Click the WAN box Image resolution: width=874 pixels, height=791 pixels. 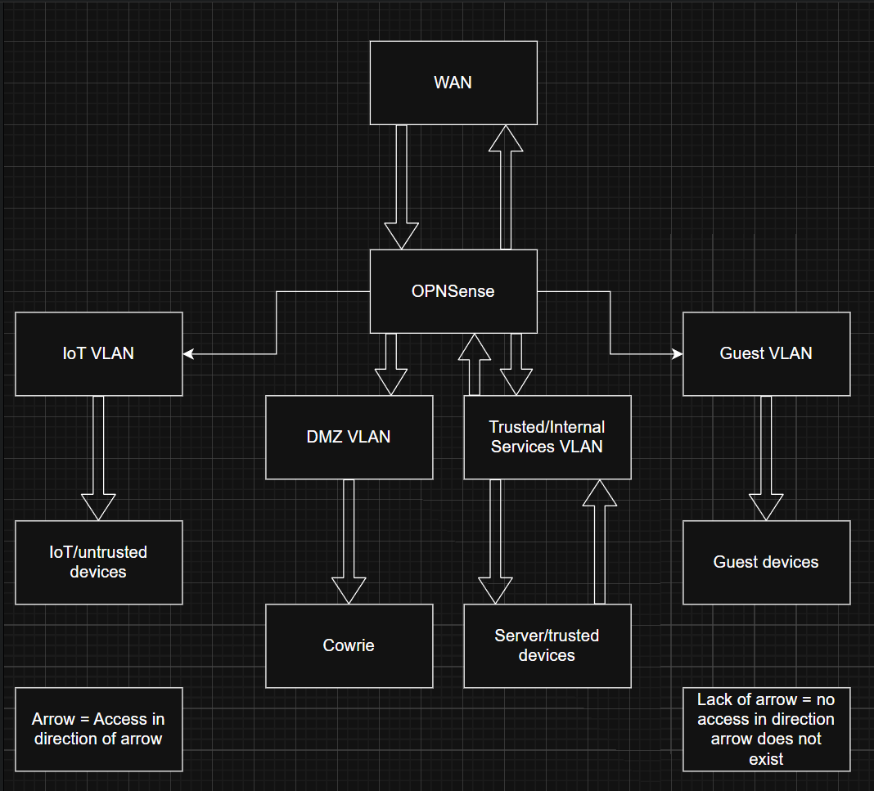pyautogui.click(x=453, y=83)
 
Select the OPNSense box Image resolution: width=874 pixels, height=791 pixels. pyautogui.click(x=453, y=291)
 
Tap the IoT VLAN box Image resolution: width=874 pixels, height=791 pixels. pyautogui.click(x=98, y=353)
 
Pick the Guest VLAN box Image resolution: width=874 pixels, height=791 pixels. pyautogui.click(x=766, y=353)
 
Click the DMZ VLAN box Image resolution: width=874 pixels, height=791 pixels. pyautogui.click(x=349, y=437)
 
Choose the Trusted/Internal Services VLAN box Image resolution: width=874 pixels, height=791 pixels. pyautogui.click(x=547, y=437)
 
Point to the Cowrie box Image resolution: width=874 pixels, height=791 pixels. pyautogui.click(x=349, y=645)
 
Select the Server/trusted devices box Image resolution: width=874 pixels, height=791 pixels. pyautogui.click(x=547, y=645)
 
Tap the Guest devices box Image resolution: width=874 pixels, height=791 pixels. pyautogui.click(x=766, y=562)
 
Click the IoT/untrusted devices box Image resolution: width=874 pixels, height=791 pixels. pyautogui.click(x=98, y=562)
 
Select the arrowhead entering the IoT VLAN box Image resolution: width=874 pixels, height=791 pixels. pyautogui.click(x=189, y=353)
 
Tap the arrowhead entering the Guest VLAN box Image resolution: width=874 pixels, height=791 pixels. pyautogui.click(x=677, y=353)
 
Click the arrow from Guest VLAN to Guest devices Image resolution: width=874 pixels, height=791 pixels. pyautogui.click(x=766, y=458)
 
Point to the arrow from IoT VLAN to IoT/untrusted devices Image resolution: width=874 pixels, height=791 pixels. pyautogui.click(x=98, y=458)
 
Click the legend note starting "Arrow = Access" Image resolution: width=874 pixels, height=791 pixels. pyautogui.click(x=98, y=729)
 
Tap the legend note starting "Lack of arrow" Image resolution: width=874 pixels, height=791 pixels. pyautogui.click(x=766, y=729)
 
